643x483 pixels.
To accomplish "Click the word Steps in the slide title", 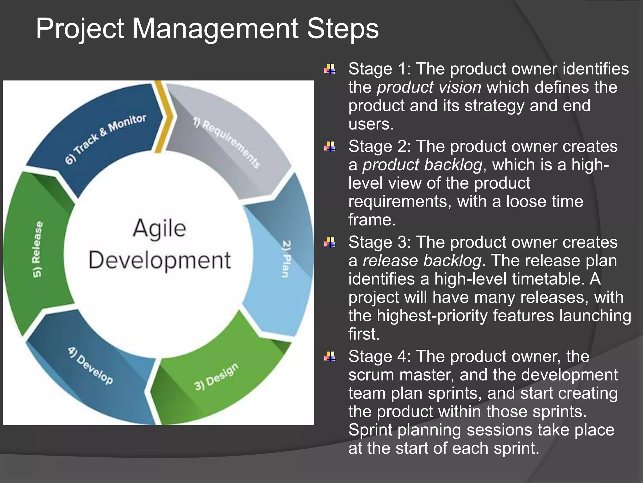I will click(x=343, y=29).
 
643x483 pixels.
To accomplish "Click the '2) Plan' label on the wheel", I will click(x=286, y=258).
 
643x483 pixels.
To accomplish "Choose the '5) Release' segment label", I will click(x=37, y=249).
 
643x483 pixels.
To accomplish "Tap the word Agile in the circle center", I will click(x=159, y=228).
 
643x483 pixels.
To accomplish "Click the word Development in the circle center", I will click(x=160, y=260).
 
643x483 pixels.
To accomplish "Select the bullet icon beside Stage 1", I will click(x=329, y=69).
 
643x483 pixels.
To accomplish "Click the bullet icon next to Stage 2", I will click(x=329, y=147).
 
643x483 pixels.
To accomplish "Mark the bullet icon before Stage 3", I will click(x=329, y=242).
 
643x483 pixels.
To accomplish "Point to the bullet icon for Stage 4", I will click(x=329, y=357).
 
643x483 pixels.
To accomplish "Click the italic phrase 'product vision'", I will click(x=429, y=87).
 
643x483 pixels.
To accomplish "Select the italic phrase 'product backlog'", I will click(x=422, y=165).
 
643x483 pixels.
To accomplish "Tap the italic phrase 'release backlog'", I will click(x=422, y=261).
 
